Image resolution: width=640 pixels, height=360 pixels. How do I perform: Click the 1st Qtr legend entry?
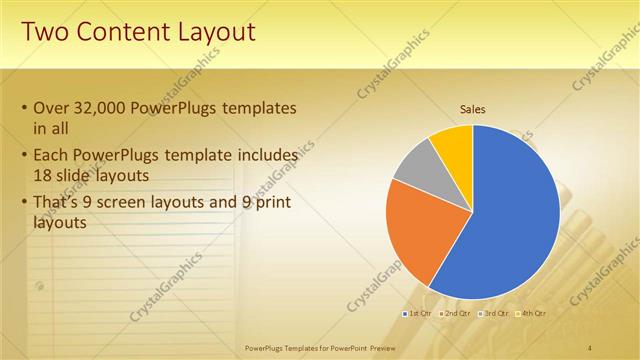click(420, 314)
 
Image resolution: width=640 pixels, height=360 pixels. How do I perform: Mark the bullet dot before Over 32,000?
click(24, 108)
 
